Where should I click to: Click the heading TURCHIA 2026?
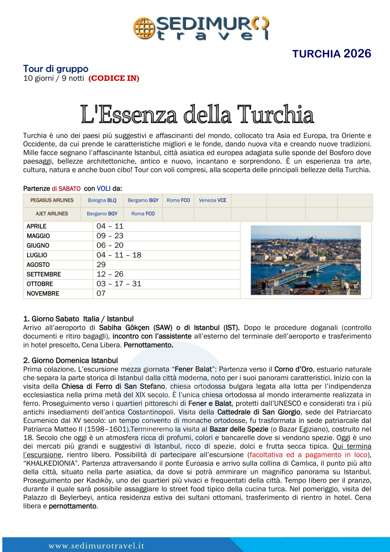click(332, 54)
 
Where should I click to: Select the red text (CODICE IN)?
click(114, 78)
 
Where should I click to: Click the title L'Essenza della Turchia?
click(197, 114)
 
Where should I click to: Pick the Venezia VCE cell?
click(212, 200)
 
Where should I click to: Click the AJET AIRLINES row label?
click(52, 214)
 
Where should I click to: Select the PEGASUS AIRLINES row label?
click(52, 200)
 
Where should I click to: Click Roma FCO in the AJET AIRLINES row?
click(143, 214)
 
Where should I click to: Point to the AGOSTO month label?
click(38, 265)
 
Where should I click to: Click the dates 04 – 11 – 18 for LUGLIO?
click(119, 255)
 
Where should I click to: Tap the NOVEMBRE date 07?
click(101, 293)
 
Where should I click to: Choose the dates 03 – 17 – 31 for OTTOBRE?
click(119, 284)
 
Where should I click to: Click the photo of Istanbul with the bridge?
click(306, 260)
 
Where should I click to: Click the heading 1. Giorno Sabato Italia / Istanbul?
click(78, 319)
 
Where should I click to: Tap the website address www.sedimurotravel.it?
click(96, 546)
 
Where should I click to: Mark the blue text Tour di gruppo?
click(56, 69)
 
